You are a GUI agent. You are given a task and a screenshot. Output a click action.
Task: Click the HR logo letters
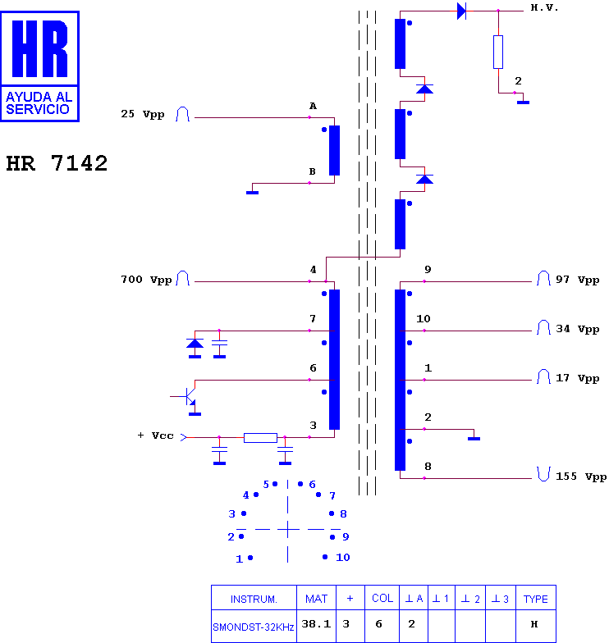tap(39, 48)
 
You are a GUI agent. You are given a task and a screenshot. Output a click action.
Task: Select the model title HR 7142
tap(57, 163)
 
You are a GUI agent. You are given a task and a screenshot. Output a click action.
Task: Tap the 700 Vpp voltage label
tap(146, 280)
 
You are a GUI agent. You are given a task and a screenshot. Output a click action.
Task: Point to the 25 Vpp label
tap(143, 114)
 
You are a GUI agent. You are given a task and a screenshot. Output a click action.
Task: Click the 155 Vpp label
tap(581, 477)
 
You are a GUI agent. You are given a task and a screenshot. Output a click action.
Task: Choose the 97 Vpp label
tap(578, 280)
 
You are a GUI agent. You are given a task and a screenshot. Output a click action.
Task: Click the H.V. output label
tap(544, 8)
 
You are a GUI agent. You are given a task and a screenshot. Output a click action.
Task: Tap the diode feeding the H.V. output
tap(461, 11)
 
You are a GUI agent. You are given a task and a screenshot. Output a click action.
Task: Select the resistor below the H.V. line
tap(498, 52)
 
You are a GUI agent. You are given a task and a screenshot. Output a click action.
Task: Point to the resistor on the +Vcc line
tap(261, 438)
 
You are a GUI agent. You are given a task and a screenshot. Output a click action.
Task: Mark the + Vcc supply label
tap(156, 436)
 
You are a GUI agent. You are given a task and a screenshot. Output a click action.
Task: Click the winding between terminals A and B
tap(335, 151)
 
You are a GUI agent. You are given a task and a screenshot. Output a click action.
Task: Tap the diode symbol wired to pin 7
tap(195, 344)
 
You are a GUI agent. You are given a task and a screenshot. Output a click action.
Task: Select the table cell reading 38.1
tap(316, 625)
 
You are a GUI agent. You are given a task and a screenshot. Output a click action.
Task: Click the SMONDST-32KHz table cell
tap(254, 627)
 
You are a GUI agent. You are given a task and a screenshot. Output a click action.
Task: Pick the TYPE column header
tap(535, 599)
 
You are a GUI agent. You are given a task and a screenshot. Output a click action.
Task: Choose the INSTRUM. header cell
tap(254, 599)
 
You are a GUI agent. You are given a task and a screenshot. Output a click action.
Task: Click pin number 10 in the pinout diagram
tap(343, 558)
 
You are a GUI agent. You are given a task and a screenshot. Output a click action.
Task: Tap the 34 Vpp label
tap(578, 330)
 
